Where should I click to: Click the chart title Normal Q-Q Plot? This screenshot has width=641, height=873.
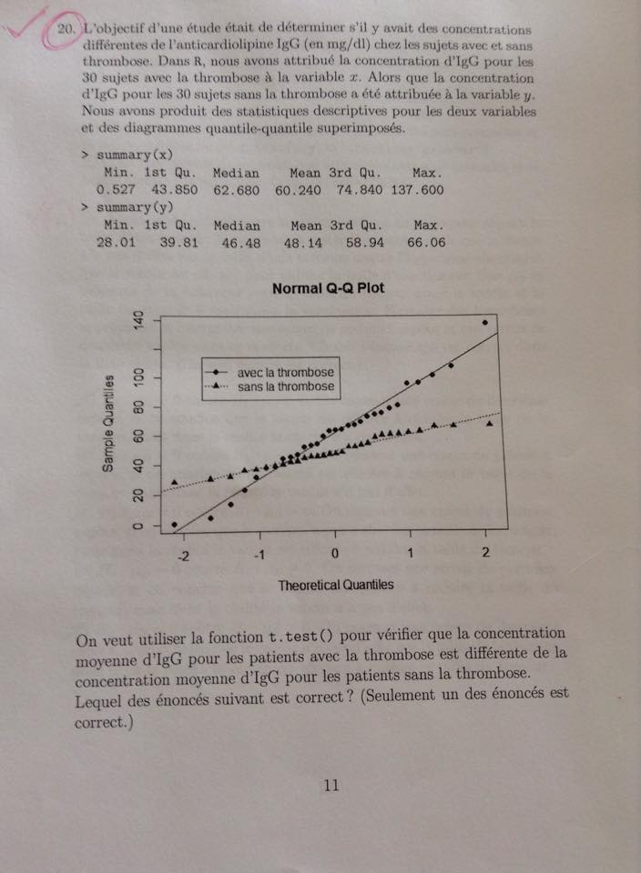tap(328, 288)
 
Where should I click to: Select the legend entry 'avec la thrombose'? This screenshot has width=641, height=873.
tap(285, 373)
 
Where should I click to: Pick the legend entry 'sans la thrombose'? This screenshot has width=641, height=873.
tap(285, 386)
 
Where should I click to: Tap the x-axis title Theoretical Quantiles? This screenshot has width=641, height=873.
tap(336, 585)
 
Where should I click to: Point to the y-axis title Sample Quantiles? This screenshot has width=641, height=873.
tap(108, 423)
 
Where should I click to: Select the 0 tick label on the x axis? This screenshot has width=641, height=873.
tap(335, 553)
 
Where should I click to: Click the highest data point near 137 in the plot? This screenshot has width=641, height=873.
tap(485, 322)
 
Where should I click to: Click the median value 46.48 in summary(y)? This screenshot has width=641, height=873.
tap(240, 243)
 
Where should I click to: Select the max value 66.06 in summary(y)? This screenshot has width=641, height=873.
tap(426, 243)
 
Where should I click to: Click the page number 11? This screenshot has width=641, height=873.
tap(332, 786)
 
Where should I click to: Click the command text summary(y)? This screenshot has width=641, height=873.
tap(135, 208)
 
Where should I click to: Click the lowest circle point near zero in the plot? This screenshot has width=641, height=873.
tap(175, 525)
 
